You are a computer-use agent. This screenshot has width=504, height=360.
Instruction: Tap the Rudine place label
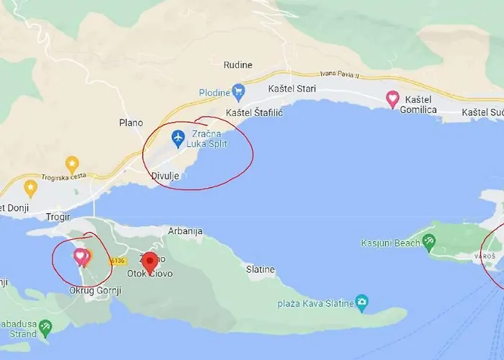coord(238,65)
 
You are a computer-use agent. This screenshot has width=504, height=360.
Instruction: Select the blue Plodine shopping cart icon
coord(238,91)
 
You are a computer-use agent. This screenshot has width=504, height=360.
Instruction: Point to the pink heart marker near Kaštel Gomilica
coord(392,99)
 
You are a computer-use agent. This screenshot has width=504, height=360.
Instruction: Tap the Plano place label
coord(131,123)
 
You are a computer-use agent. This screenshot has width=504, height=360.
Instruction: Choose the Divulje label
coord(164,176)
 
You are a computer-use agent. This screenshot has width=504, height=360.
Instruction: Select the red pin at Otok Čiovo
coord(150,262)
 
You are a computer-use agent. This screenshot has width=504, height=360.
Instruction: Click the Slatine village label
coord(261,269)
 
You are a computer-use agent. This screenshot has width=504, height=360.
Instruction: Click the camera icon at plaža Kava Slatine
coord(361,302)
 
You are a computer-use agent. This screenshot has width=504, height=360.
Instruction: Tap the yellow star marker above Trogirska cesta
coord(72,164)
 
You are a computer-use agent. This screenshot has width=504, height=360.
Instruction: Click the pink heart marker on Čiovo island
coord(80,256)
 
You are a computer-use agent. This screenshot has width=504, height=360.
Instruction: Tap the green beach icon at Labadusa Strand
coord(45,328)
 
